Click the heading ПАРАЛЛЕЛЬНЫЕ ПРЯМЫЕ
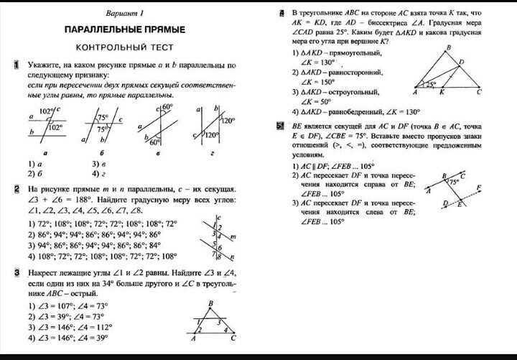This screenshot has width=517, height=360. coord(125,31)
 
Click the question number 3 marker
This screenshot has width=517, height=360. coord(15,273)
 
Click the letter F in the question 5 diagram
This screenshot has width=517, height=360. coord(479,186)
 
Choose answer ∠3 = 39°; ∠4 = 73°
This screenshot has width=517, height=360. coord(65,315)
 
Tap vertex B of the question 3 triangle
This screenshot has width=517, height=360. coord(209,303)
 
